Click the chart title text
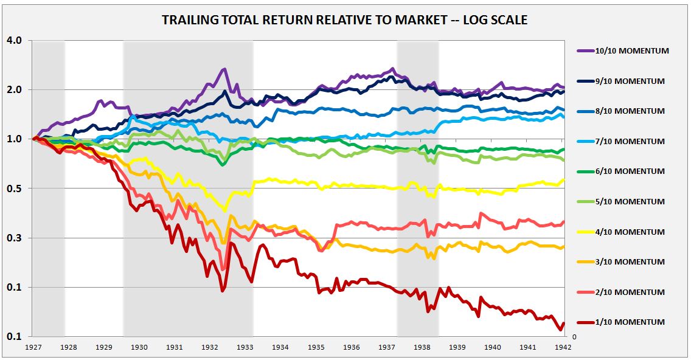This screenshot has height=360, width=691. (x=344, y=20)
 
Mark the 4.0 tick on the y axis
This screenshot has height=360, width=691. (x=15, y=41)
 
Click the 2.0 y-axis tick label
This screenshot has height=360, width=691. (x=15, y=90)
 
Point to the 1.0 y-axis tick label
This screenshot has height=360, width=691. (x=15, y=139)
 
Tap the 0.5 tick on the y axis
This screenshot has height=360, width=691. (x=15, y=189)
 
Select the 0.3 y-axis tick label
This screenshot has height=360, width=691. (x=15, y=238)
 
